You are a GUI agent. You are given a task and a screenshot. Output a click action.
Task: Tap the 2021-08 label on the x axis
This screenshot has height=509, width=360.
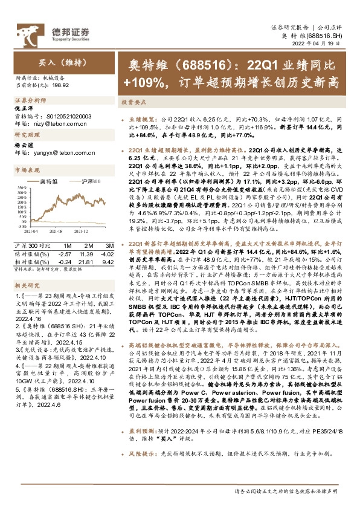[x=57, y=230]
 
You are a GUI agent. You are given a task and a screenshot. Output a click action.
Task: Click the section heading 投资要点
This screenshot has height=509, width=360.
[x=132, y=103]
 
